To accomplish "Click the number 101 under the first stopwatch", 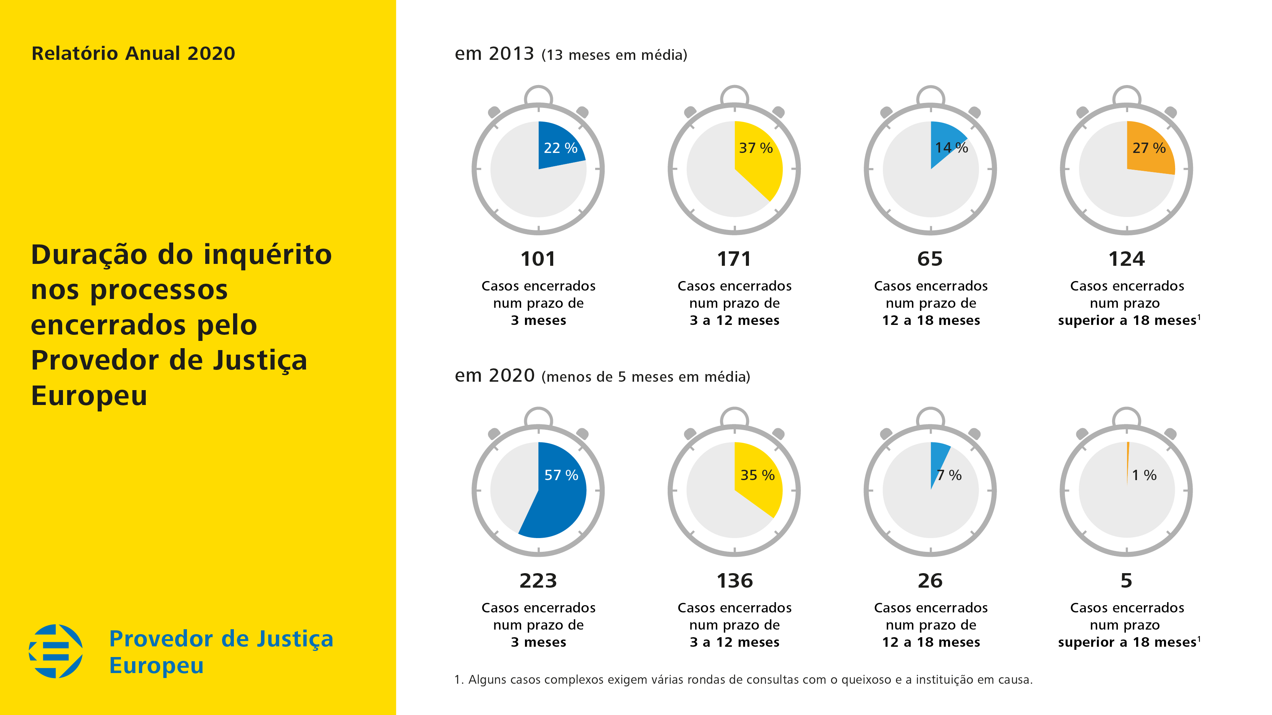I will click(x=538, y=259).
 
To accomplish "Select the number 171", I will click(x=734, y=259).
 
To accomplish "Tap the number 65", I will click(x=930, y=259).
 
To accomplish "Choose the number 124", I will click(x=1126, y=259).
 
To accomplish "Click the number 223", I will click(x=538, y=581).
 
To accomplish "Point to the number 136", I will click(x=734, y=581).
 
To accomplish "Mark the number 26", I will click(x=930, y=581).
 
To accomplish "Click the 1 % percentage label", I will click(x=1144, y=475).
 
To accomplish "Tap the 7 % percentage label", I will click(x=950, y=475).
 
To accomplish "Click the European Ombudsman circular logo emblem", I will click(x=56, y=651).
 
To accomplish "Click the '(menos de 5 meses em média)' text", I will click(x=646, y=377).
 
